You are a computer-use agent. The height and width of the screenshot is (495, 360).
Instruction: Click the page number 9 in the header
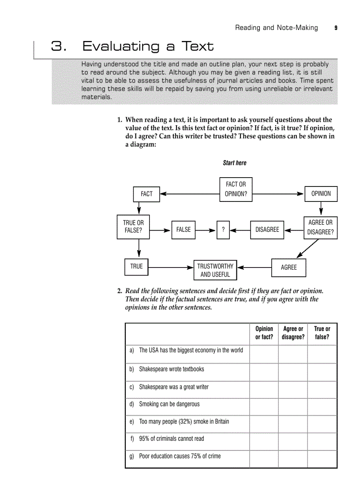coord(336,28)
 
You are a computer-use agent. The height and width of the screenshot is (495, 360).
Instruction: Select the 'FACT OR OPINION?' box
coord(236,189)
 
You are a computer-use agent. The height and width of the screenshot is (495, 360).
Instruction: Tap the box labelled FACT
coord(146,194)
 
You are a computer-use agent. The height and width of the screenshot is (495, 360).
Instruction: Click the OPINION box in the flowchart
coord(321,194)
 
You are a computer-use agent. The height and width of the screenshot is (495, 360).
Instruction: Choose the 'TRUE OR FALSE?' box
coord(133,227)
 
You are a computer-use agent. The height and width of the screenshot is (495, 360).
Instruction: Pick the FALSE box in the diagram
coord(183,230)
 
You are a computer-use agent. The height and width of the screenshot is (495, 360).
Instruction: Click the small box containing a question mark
coord(223,230)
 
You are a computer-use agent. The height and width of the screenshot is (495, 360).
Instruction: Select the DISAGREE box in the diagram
coord(267,230)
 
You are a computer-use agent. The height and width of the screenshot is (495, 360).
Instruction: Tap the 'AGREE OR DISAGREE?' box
coord(320,227)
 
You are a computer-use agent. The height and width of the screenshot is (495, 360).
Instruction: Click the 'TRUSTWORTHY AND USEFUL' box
coord(215,270)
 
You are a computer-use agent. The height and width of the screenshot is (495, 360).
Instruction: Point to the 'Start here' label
coord(235,163)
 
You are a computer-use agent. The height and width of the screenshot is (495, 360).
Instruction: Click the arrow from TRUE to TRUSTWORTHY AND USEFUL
coord(171,267)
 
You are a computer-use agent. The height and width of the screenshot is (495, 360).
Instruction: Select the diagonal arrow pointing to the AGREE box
coord(307,248)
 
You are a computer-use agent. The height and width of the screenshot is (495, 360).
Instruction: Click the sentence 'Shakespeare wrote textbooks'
coord(171,369)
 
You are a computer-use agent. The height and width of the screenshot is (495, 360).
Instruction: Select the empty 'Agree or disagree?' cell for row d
coord(293,406)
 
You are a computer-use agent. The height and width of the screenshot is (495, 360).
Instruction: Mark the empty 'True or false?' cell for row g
coord(322,458)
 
